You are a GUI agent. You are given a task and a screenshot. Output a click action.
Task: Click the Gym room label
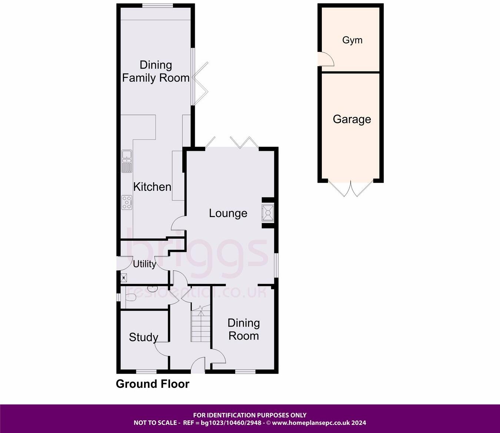[352, 40]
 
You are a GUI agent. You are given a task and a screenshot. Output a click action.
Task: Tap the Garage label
[352, 119]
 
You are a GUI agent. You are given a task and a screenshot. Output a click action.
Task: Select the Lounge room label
[228, 213]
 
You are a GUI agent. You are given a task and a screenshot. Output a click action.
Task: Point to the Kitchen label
[152, 187]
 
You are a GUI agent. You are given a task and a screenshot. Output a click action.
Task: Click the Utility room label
[144, 264]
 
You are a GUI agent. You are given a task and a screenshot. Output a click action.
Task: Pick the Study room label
[143, 337]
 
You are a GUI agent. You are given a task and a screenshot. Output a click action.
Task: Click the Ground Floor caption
[153, 384]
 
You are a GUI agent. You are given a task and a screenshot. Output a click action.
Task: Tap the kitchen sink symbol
[127, 161]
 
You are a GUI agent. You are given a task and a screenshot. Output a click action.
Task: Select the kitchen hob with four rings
[127, 202]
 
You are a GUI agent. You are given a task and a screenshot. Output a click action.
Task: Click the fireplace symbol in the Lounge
[268, 213]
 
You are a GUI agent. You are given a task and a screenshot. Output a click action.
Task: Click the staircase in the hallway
[200, 326]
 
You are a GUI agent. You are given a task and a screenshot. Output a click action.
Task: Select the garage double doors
[351, 189]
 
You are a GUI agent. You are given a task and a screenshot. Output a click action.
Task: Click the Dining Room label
[243, 329]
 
